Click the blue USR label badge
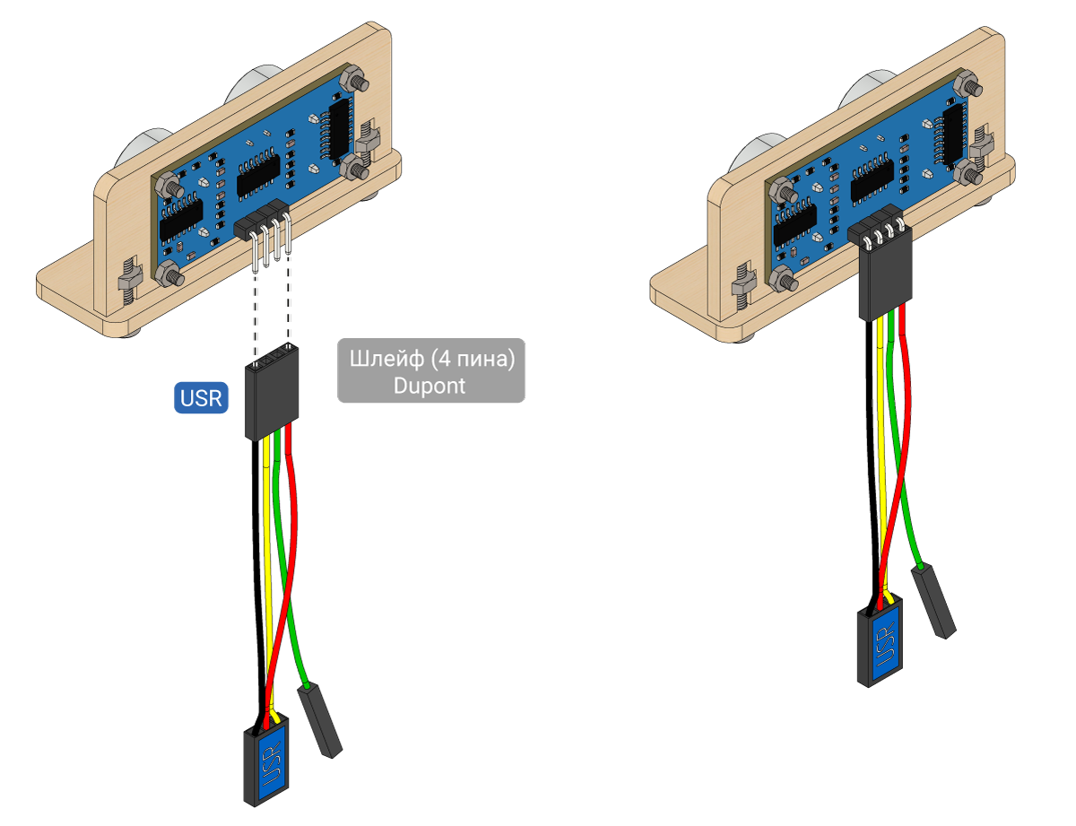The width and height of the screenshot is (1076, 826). point(201,397)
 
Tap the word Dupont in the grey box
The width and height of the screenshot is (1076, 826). point(430,387)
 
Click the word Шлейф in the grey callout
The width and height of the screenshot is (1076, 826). point(386,359)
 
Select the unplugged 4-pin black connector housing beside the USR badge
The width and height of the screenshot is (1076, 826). point(272,391)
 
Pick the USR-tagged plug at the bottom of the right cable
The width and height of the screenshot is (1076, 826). point(880,641)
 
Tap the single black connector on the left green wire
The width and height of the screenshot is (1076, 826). point(319,721)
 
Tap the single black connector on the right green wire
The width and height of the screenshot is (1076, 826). point(933,602)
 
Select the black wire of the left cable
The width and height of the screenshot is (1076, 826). point(256,570)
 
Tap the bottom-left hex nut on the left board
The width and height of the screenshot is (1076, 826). point(169,274)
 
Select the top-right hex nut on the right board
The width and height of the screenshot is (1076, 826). point(968,86)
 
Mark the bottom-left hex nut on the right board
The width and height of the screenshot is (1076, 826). point(782,278)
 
